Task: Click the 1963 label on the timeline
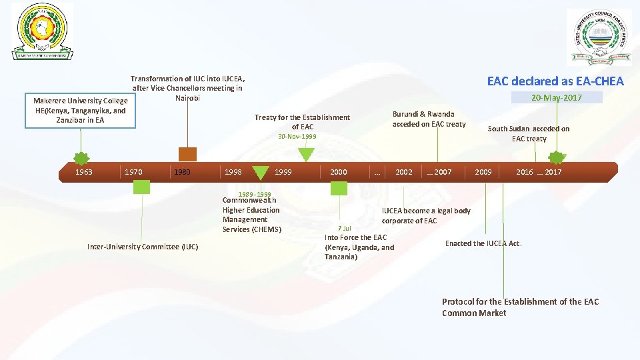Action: point(84,172)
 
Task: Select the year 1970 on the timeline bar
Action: point(133,172)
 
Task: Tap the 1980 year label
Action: point(182,172)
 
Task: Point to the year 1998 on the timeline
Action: point(233,172)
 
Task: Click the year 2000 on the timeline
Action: point(339,172)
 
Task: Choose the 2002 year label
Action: point(404,172)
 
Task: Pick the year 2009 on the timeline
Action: point(483,172)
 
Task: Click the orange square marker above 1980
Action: point(187,154)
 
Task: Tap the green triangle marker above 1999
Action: point(306,155)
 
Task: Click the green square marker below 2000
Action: point(339,188)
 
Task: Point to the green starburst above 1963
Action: point(81,159)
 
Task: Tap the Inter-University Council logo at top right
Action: point(598,38)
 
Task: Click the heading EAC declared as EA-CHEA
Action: point(555,81)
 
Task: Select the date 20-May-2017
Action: point(556,98)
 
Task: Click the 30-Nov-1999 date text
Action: point(297,136)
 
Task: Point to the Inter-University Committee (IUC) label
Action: point(143,247)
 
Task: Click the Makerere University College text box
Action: point(81,111)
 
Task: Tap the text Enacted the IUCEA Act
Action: point(483,243)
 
